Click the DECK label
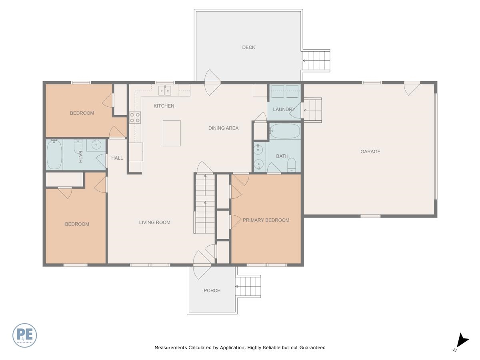click(x=248, y=47)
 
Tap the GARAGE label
click(x=370, y=152)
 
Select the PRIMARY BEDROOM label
click(x=266, y=220)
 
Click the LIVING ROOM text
click(x=154, y=222)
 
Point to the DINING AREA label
click(x=223, y=128)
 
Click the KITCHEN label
click(x=164, y=106)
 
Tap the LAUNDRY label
click(x=284, y=109)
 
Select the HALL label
click(x=117, y=158)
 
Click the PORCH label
click(x=212, y=290)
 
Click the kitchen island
click(x=172, y=133)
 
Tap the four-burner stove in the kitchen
click(x=135, y=117)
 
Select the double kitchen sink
click(x=164, y=90)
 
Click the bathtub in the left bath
click(x=54, y=154)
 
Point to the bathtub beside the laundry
click(x=284, y=131)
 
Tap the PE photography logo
click(x=24, y=335)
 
